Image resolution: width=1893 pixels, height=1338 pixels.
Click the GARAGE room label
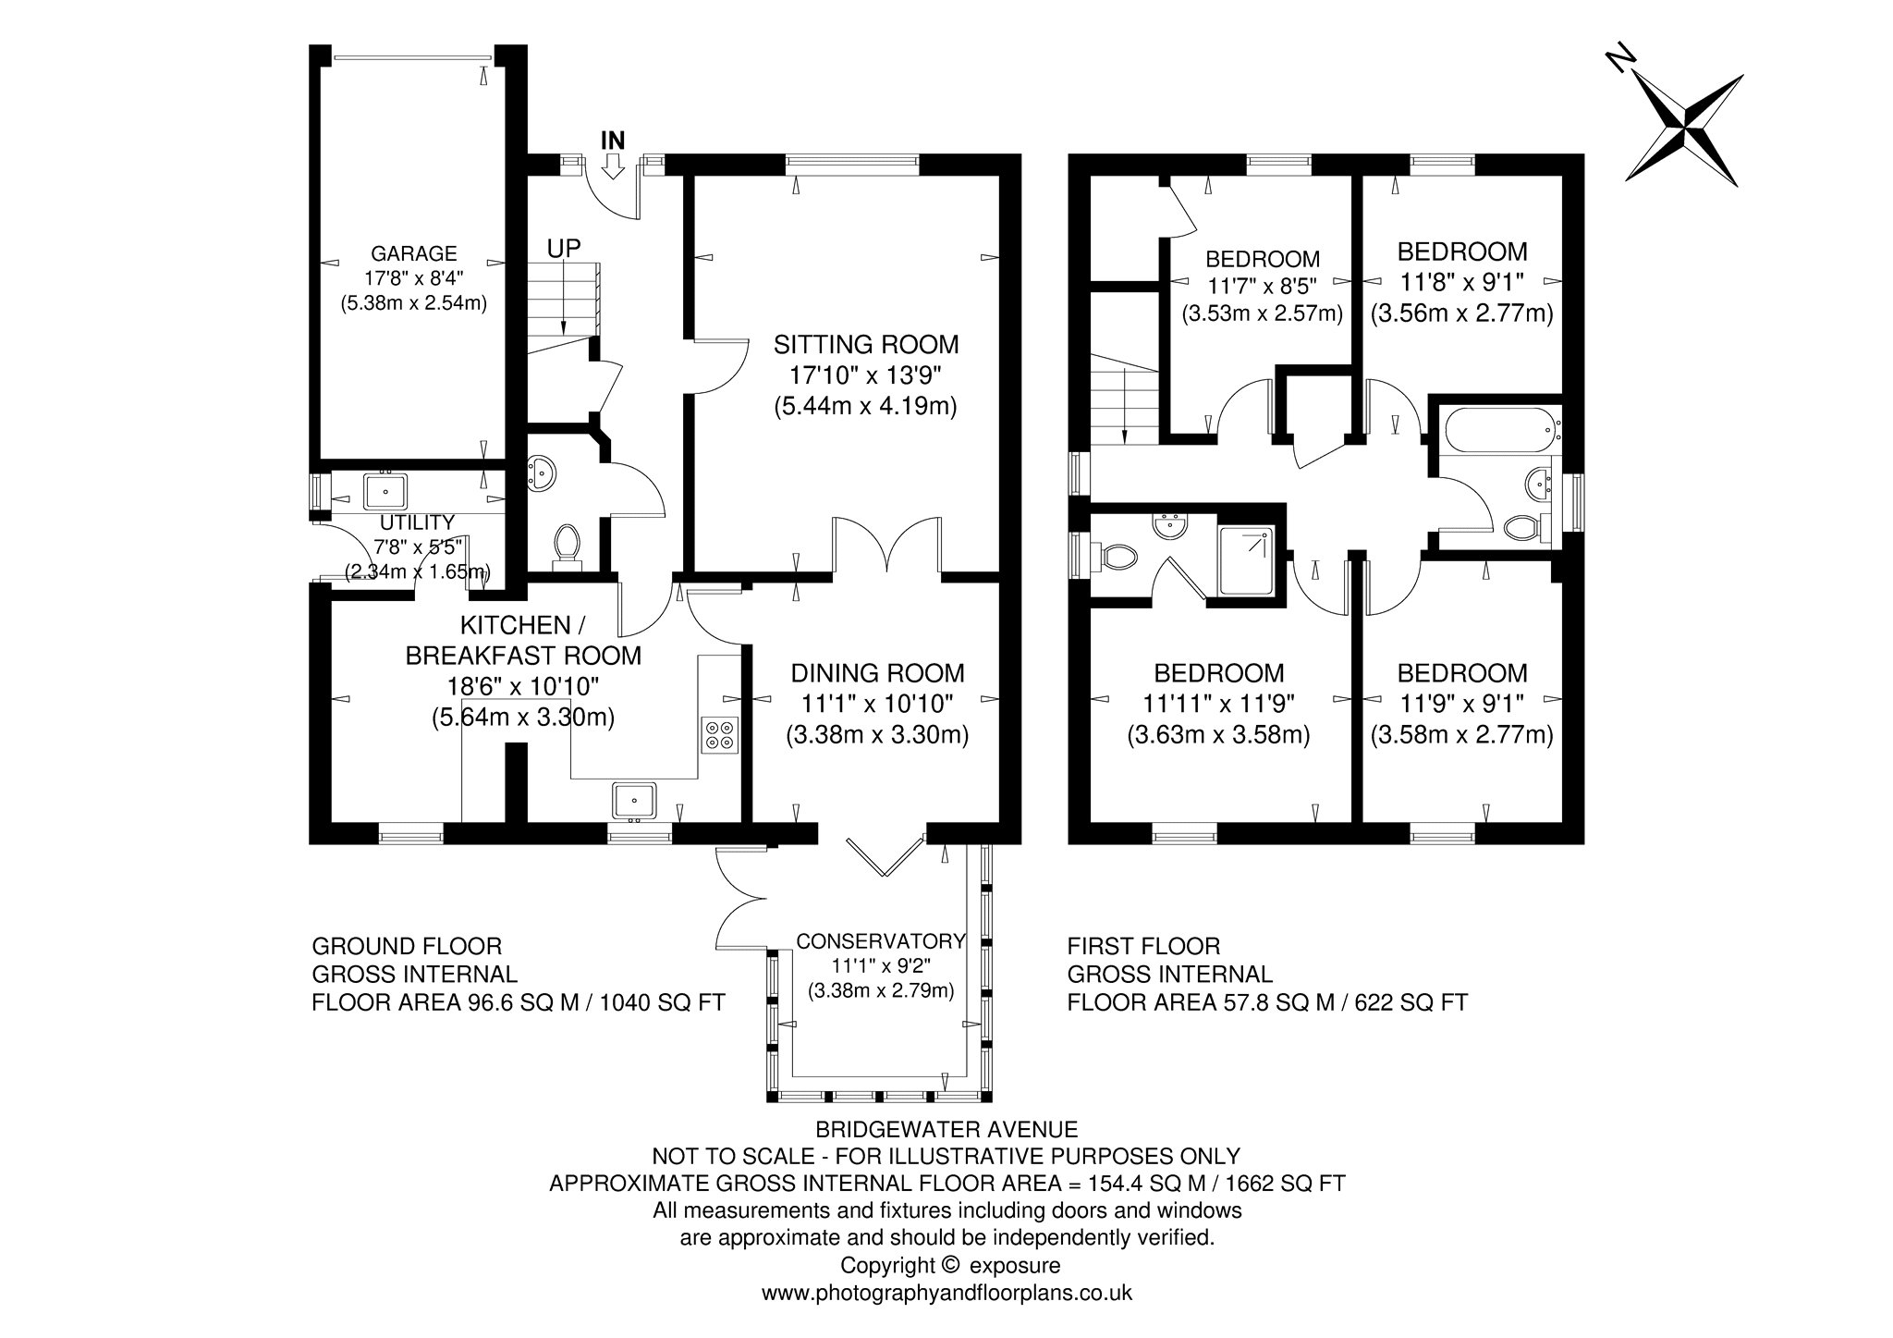coord(414,253)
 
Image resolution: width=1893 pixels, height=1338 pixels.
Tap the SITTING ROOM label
coord(866,345)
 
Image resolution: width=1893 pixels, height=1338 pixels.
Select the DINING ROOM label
coord(877,673)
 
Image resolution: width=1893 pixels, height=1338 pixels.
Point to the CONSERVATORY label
coord(881,941)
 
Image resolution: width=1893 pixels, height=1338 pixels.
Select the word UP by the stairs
coord(564,249)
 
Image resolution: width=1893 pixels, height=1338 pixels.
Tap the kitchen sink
coord(634,801)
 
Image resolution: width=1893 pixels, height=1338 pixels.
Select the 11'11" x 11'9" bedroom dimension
coord(1218,704)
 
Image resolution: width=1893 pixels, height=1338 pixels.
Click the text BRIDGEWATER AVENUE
coord(946,1129)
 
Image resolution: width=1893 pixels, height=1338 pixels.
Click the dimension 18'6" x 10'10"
coord(523,686)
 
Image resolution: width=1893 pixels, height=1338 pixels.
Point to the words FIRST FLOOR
coord(1143,946)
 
